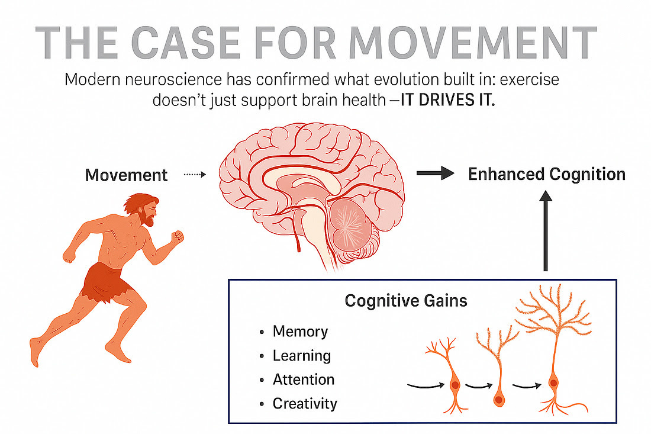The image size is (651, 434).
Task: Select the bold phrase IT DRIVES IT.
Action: (447, 100)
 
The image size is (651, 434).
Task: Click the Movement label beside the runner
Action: (127, 175)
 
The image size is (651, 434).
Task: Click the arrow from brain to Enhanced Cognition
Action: (435, 173)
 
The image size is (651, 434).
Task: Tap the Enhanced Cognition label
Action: (547, 174)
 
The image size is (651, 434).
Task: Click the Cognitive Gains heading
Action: (406, 301)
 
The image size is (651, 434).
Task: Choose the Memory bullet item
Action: (300, 331)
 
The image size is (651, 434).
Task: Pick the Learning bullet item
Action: (301, 355)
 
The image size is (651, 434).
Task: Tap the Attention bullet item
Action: (304, 379)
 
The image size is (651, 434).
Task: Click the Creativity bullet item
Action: (305, 404)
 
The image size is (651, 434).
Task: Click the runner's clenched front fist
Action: (177, 237)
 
